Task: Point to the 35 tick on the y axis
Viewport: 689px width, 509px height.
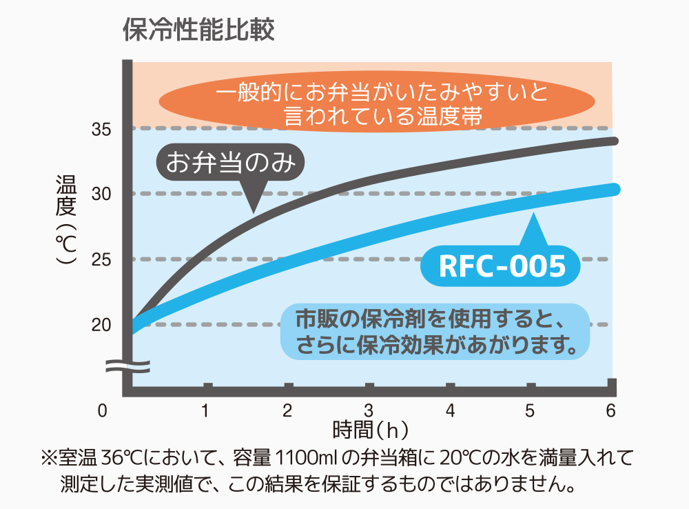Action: [101, 129]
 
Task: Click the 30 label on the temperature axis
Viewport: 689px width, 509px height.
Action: [101, 194]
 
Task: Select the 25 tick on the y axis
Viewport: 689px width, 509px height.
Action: [101, 259]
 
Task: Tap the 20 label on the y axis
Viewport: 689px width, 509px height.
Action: [101, 324]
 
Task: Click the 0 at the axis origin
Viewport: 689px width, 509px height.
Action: [103, 411]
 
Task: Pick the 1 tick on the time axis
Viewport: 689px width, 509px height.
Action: [206, 411]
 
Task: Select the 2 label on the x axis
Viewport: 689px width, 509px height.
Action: [288, 411]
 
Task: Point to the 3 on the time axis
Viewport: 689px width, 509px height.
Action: [369, 411]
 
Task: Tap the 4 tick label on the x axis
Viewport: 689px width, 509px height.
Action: [450, 411]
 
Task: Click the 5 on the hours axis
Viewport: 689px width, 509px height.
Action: [531, 411]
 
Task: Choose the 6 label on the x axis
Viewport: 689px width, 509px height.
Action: [610, 411]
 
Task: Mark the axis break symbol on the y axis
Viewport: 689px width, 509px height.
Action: [127, 366]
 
